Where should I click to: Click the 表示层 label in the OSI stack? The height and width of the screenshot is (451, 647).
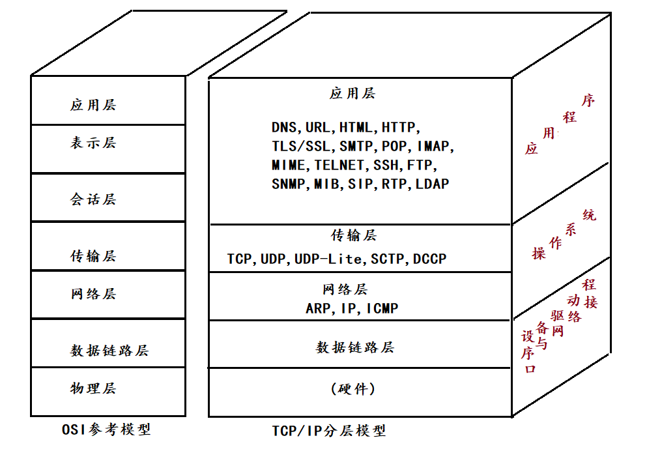pyautogui.click(x=93, y=143)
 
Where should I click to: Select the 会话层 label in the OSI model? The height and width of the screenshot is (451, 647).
pyautogui.click(x=93, y=199)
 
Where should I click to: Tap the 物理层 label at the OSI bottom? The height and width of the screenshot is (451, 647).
pyautogui.click(x=93, y=388)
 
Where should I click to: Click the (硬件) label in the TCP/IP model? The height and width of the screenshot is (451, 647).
pyautogui.click(x=353, y=389)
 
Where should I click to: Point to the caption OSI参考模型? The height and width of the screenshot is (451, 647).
pyautogui.click(x=106, y=429)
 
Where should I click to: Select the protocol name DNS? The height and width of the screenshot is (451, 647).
pyautogui.click(x=284, y=127)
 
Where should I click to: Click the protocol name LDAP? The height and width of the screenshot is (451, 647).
pyautogui.click(x=432, y=184)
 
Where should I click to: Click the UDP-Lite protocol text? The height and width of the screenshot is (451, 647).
pyautogui.click(x=328, y=259)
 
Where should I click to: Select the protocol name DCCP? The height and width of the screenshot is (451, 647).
pyautogui.click(x=430, y=259)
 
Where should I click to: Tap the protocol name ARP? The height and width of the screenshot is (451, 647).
pyautogui.click(x=319, y=308)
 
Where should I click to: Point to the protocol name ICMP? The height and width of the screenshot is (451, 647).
pyautogui.click(x=382, y=308)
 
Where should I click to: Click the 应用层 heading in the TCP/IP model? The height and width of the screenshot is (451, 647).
pyautogui.click(x=352, y=94)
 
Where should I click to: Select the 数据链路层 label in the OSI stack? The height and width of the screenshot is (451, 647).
pyautogui.click(x=109, y=351)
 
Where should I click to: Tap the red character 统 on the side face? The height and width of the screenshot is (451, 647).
pyautogui.click(x=589, y=215)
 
